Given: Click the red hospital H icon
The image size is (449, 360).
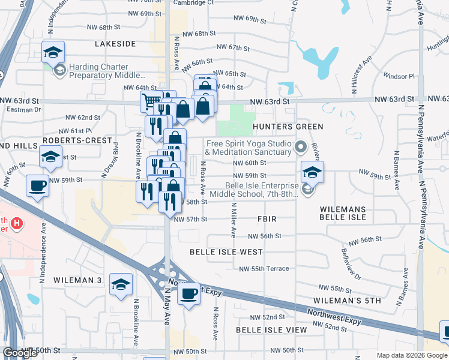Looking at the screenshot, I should click(17, 223).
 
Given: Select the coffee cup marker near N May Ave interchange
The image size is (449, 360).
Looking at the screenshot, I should click(189, 293).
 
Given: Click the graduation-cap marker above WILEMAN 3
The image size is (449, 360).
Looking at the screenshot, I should click(121, 284).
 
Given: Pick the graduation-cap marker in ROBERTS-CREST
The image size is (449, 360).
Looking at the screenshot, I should click(51, 157).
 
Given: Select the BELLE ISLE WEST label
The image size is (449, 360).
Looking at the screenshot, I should click(226, 252).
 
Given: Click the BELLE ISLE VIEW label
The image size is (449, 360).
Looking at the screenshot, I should click(271, 330).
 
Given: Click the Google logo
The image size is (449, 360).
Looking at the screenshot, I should click(20, 353).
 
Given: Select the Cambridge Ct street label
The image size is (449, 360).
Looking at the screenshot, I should click(194, 2).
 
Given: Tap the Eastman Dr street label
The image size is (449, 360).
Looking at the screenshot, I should click(24, 109).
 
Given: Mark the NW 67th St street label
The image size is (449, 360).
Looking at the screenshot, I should click(233, 47).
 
